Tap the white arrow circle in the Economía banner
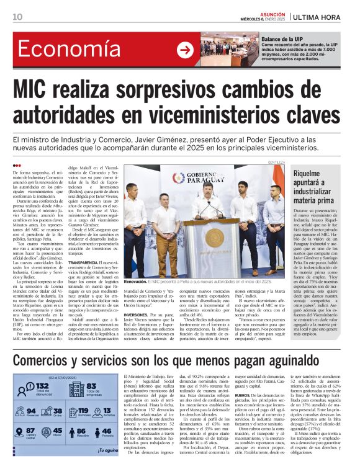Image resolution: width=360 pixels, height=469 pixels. (x=184, y=50)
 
